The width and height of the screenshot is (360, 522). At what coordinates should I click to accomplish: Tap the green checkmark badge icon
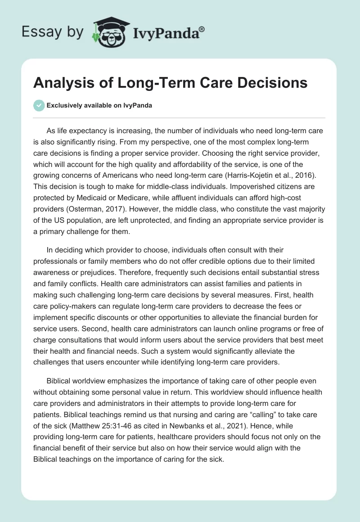39,105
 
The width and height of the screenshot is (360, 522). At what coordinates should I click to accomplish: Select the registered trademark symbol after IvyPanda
202,29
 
